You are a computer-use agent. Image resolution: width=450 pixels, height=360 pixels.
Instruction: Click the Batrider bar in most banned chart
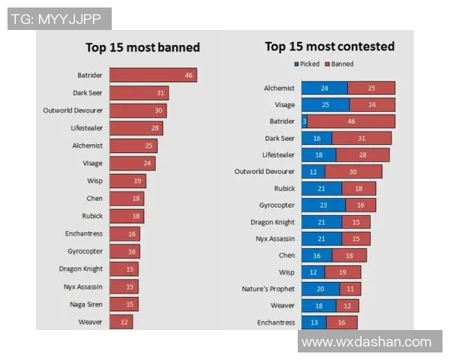pos(153,75)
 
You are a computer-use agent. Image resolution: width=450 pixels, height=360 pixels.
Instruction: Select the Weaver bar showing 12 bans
pos(121,322)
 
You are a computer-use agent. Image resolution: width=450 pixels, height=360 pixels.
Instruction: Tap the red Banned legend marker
pos(328,64)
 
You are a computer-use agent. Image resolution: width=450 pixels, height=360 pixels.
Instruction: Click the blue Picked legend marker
pos(297,64)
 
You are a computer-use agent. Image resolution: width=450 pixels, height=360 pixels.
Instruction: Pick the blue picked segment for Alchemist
pos(324,88)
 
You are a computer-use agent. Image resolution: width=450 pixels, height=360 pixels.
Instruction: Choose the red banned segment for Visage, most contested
pos(371,105)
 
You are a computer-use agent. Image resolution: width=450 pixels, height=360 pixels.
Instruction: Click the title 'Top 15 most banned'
pos(142,47)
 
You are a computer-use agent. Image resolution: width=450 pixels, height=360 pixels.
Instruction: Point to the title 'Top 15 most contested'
pos(329,46)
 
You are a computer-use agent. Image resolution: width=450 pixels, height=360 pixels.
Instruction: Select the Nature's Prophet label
pos(268,289)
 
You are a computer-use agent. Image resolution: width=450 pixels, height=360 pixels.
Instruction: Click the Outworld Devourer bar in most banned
pos(137,110)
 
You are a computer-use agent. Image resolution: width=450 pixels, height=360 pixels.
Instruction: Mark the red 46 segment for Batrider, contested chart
pos(351,121)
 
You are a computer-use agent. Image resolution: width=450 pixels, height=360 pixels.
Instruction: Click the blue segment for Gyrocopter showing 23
pos(323,205)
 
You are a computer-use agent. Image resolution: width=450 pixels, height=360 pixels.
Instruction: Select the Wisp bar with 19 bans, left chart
pos(127,181)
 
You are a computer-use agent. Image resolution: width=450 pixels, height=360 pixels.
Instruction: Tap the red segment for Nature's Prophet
pos(349,289)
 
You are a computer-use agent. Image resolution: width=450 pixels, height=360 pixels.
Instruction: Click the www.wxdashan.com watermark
pos(366,342)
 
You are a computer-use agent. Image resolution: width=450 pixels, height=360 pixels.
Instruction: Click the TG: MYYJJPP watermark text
pos(58,18)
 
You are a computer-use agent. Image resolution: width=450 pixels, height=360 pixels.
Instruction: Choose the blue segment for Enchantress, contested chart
pos(313,322)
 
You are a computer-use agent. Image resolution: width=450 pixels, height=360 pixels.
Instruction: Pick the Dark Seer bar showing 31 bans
pos(139,93)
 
